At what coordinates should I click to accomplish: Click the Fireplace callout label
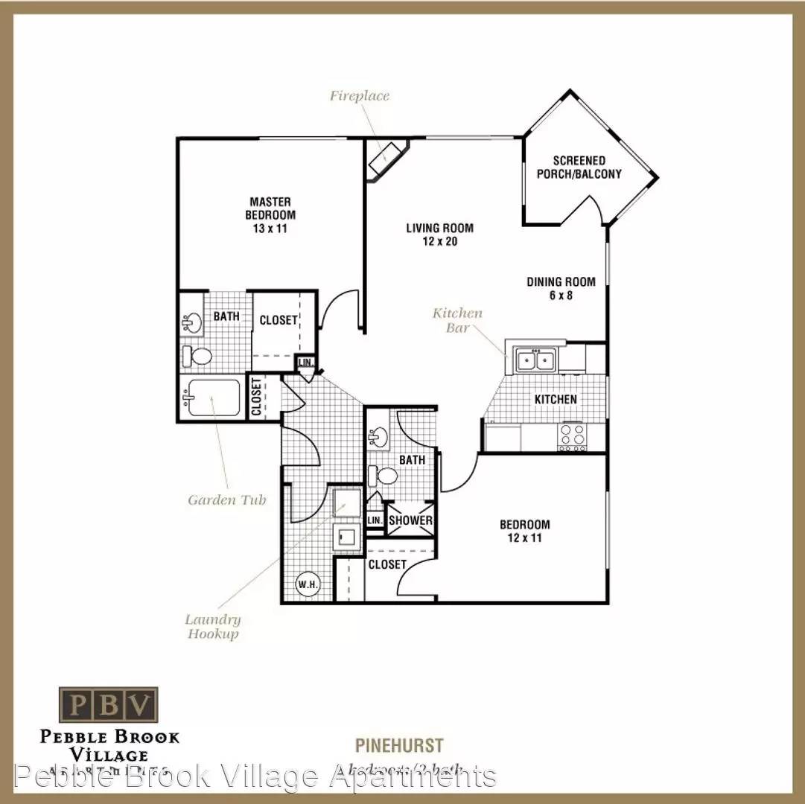360,96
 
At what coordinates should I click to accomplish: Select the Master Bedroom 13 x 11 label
270,215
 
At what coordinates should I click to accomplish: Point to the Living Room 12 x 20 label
439,234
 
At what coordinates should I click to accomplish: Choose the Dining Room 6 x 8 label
561,288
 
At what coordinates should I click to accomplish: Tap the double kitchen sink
537,361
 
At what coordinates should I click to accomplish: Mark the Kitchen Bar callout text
457,319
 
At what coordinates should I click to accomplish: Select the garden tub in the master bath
213,398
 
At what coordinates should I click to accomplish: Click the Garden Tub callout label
226,500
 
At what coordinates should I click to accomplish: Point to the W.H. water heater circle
308,583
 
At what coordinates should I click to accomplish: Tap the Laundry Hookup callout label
213,627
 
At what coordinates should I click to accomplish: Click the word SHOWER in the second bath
410,520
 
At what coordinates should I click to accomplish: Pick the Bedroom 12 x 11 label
524,531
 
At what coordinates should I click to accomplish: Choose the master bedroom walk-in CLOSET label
279,321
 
